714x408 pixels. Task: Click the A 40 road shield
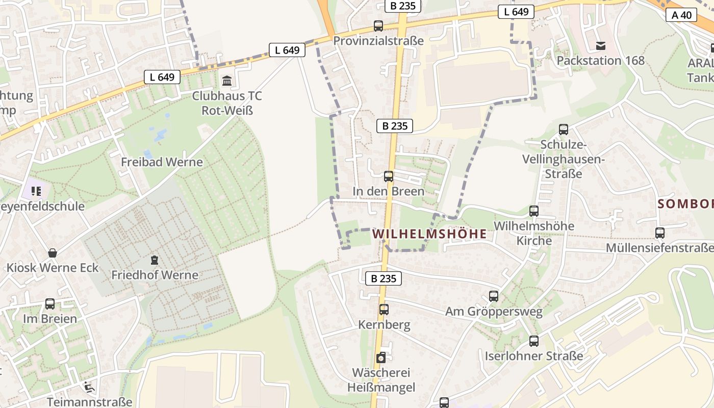681,15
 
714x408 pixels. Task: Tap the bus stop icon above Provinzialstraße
378,26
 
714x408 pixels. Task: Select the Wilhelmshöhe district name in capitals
429,234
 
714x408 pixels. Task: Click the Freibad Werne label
162,162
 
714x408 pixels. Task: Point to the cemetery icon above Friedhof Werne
154,260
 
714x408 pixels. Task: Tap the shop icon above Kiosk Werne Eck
52,252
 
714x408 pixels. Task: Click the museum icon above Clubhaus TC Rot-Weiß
226,81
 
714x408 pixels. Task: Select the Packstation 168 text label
601,61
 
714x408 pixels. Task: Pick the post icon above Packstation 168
601,46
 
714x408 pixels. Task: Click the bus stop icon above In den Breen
389,176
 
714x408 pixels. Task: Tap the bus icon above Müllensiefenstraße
660,233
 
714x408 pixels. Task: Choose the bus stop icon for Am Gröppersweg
493,296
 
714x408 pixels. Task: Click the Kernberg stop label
384,325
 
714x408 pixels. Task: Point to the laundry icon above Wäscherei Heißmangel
381,358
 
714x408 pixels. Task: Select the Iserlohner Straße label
534,356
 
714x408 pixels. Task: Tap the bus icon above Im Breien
50,304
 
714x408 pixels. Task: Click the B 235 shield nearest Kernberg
384,278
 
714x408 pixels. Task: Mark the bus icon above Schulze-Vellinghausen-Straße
564,130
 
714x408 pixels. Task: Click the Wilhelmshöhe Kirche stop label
534,233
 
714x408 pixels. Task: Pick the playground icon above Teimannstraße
89,387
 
